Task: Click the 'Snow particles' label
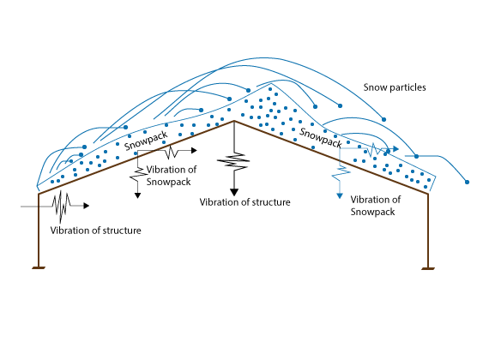[395, 87]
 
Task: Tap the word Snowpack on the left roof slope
[146, 141]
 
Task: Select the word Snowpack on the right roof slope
[321, 137]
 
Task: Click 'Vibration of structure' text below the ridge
[244, 202]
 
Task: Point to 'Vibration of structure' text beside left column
[95, 231]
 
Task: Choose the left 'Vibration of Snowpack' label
[172, 176]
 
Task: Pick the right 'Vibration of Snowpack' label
[375, 206]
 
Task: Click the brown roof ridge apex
[234, 121]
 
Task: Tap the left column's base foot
[39, 267]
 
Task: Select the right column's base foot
[428, 268]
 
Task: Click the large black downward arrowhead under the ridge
[234, 192]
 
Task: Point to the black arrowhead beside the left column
[87, 206]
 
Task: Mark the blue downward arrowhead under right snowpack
[340, 196]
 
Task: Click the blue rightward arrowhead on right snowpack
[395, 149]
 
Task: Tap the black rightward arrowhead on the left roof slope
[194, 151]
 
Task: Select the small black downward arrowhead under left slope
[137, 195]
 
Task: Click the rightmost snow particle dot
[467, 182]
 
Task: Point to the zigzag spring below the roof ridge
[233, 161]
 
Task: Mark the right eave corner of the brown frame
[428, 195]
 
